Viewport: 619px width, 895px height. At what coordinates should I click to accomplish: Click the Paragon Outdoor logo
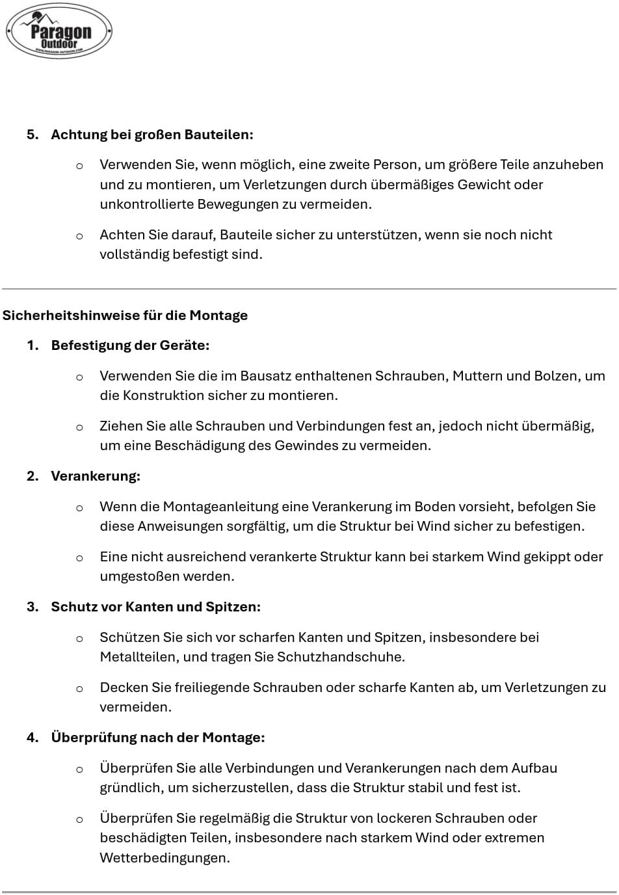click(59, 31)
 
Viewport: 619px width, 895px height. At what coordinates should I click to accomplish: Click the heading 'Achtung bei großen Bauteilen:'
click(152, 135)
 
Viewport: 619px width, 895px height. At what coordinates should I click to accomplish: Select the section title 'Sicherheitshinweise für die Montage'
click(125, 315)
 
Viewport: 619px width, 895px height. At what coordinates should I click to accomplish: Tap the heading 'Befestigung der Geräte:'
click(130, 345)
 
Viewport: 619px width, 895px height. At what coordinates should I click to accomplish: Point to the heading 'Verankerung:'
click(96, 476)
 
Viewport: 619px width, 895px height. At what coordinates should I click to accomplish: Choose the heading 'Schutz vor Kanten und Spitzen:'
click(155, 607)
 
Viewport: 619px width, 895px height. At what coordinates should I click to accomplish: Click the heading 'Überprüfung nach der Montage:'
click(158, 738)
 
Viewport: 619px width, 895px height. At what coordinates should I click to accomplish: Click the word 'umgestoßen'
click(138, 576)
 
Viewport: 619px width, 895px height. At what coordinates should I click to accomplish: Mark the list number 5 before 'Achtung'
click(33, 135)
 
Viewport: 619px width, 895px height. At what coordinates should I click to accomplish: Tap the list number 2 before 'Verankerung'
click(33, 476)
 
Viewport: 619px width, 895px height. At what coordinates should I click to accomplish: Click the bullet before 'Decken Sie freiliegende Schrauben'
click(79, 688)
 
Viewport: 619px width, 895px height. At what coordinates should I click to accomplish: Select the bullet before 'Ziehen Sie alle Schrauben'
click(79, 427)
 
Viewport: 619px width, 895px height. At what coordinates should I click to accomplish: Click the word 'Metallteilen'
click(138, 657)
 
